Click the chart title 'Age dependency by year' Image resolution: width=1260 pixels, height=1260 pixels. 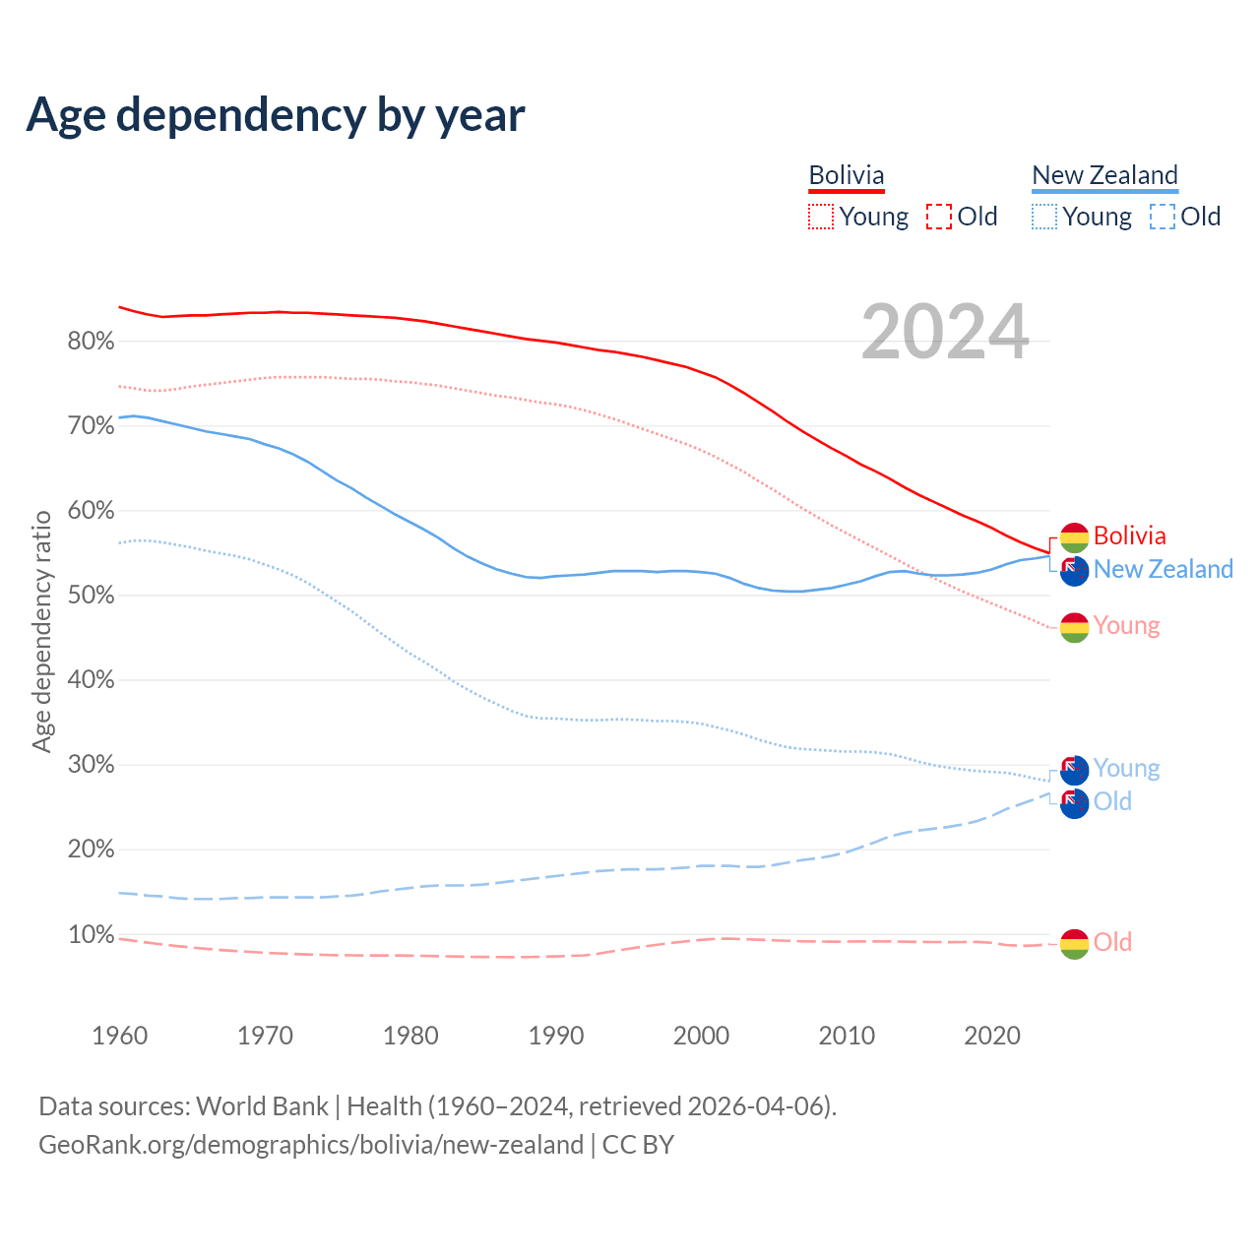pos(276,115)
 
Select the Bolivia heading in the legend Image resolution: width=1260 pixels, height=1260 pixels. pos(847,175)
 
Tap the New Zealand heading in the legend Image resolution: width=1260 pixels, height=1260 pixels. pos(1104,175)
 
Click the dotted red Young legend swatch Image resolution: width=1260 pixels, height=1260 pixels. pos(821,217)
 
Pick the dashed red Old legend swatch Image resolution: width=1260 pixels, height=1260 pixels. pos(939,217)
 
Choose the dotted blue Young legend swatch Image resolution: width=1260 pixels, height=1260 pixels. pos(1044,217)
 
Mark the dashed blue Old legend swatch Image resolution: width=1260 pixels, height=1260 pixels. pos(1163,217)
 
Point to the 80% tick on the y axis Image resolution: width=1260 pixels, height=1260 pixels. pos(91,342)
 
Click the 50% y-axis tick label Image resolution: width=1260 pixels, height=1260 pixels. pos(91,596)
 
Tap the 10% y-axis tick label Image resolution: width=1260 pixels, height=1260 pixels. pos(91,934)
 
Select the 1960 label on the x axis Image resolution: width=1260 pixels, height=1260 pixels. pos(119,1036)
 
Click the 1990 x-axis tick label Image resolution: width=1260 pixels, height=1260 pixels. pos(556,1036)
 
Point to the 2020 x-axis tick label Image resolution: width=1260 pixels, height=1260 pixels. pos(992,1036)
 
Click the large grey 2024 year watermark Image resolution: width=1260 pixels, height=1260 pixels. pos(945,333)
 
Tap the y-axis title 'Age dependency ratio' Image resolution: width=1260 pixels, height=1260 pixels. pos(42,631)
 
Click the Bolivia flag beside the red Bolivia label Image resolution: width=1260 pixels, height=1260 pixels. pos(1074,537)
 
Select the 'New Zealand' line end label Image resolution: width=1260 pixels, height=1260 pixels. pos(1163,569)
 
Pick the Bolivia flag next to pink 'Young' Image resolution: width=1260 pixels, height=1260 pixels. pos(1074,627)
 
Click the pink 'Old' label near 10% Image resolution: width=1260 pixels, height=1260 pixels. pos(1112,942)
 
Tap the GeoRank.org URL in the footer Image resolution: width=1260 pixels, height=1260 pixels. pos(311,1145)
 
